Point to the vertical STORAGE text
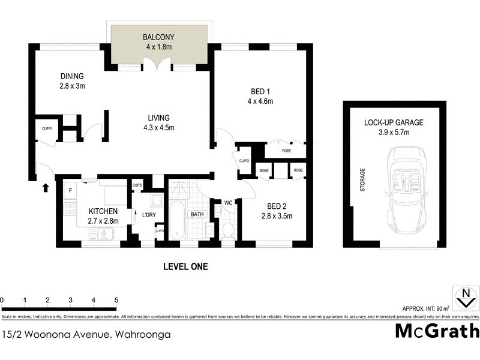click(362, 179)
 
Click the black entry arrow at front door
click(46, 188)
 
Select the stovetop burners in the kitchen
click(69, 210)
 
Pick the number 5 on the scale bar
click(116, 299)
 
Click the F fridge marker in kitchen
click(70, 191)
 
